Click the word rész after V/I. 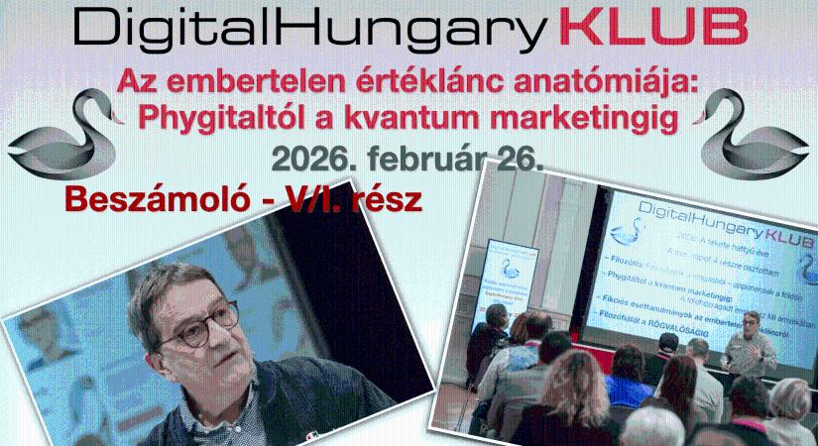point(387,199)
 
